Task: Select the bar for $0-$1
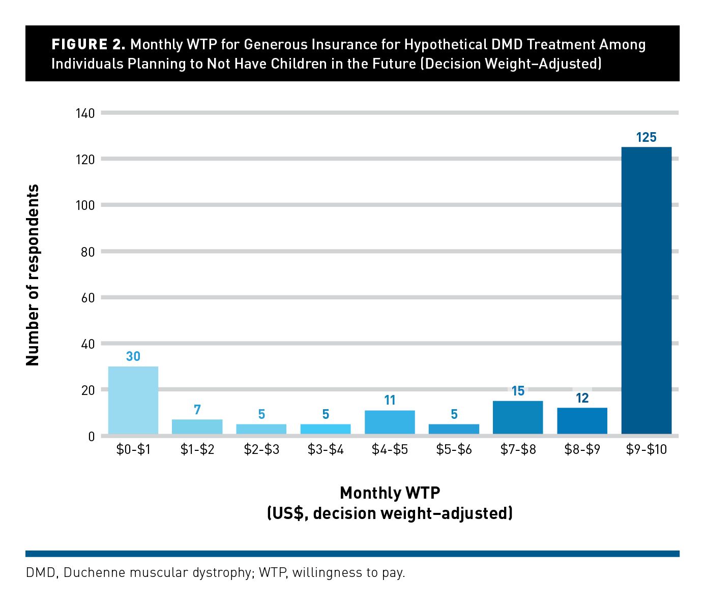(x=133, y=400)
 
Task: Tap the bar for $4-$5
(x=390, y=422)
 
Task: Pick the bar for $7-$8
(x=518, y=417)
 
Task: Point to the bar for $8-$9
(x=582, y=420)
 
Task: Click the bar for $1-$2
(x=197, y=426)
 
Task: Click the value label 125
(x=646, y=137)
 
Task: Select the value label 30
(x=133, y=356)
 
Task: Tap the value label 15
(x=518, y=390)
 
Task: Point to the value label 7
(x=197, y=409)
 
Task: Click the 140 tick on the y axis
(x=85, y=113)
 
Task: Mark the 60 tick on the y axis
(x=88, y=298)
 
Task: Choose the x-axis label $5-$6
(x=454, y=449)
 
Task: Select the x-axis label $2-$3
(x=261, y=449)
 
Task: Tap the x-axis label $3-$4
(x=326, y=449)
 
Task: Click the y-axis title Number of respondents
(x=33, y=274)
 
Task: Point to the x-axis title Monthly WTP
(x=390, y=493)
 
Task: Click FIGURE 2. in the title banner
(x=88, y=45)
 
